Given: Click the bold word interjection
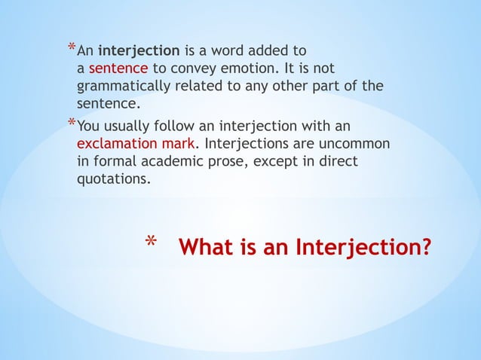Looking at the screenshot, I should point(139,52).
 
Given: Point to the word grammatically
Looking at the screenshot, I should point(124,87).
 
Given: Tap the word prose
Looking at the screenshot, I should point(247,160).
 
